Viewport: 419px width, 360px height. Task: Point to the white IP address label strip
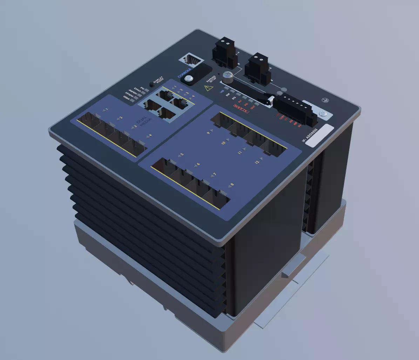click(x=319, y=135)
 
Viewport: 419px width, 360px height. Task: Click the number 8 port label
click(x=232, y=184)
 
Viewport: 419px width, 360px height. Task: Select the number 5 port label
click(x=182, y=155)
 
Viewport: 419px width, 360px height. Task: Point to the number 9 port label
click(x=208, y=133)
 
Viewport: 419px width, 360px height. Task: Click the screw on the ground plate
click(x=323, y=113)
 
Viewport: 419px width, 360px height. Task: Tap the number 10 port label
click(x=223, y=143)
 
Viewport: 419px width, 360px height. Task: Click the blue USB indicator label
click(x=222, y=91)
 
